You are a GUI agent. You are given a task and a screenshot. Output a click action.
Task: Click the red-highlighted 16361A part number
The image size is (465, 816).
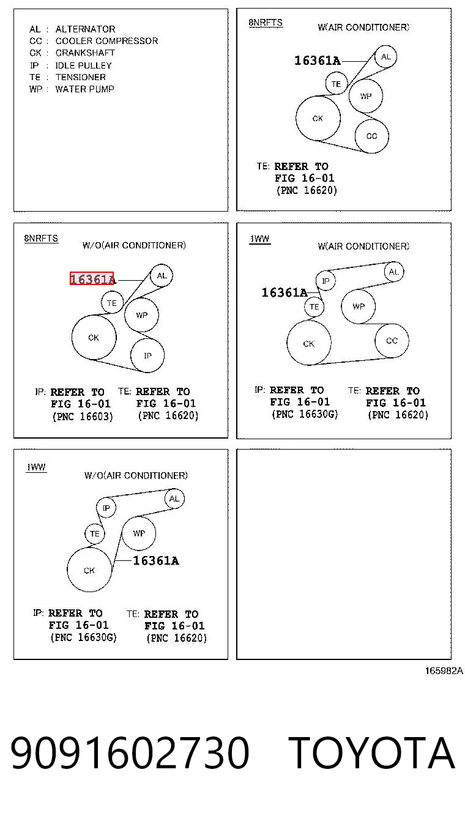(x=92, y=279)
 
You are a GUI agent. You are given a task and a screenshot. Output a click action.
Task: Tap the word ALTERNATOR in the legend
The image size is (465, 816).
(x=85, y=29)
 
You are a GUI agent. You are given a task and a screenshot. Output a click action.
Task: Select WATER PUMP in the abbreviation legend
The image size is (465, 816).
(x=84, y=89)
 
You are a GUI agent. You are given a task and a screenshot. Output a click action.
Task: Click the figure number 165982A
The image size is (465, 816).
(x=444, y=670)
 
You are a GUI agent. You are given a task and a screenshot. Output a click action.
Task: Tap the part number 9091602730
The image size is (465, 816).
(x=130, y=752)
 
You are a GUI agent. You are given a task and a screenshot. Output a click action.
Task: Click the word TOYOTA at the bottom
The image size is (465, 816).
(x=371, y=752)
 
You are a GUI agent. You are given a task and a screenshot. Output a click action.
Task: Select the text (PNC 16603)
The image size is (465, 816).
(x=83, y=416)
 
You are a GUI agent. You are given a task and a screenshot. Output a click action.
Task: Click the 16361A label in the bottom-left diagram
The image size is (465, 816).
(x=156, y=560)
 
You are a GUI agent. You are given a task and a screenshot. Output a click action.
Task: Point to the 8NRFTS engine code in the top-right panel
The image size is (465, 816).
(x=266, y=23)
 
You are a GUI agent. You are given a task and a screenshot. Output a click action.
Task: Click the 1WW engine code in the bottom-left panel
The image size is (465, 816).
(x=37, y=467)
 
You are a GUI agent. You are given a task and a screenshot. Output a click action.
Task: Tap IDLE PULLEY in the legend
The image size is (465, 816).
(x=83, y=65)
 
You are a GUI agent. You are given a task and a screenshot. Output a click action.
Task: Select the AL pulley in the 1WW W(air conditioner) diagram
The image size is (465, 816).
(x=394, y=272)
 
